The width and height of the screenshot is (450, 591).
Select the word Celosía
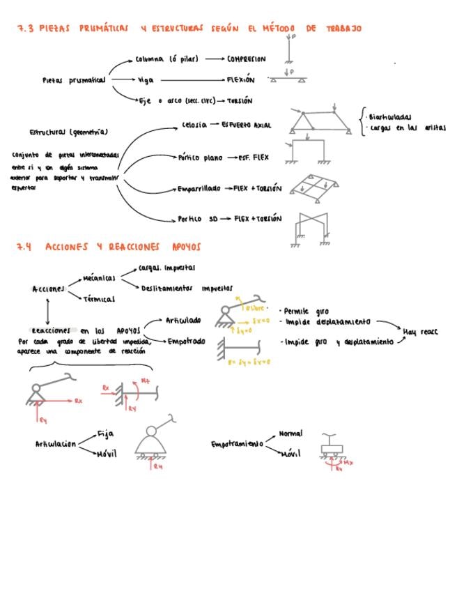click(x=194, y=125)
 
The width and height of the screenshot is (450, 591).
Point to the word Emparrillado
click(x=199, y=189)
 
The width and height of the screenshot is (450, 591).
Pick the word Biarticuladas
click(x=390, y=117)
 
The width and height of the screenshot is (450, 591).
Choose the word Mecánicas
click(x=99, y=278)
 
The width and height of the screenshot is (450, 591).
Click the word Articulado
click(x=183, y=321)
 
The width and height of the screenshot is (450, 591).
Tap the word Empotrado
click(x=186, y=341)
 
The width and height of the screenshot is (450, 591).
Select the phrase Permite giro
click(x=306, y=312)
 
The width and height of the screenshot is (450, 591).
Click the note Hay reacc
click(x=420, y=332)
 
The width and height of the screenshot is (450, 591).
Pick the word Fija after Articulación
click(x=105, y=433)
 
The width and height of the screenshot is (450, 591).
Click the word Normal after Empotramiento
click(x=290, y=433)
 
